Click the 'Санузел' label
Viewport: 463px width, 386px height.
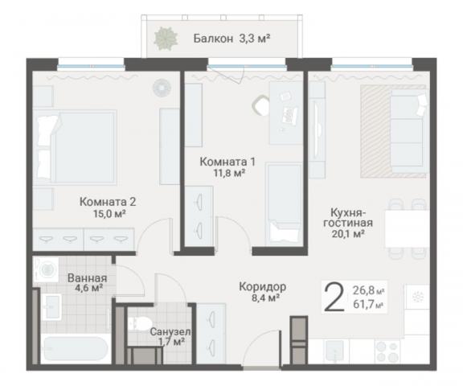(170, 331)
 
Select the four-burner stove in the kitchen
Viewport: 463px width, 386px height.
(387, 351)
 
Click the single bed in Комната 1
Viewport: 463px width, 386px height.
(283, 203)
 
